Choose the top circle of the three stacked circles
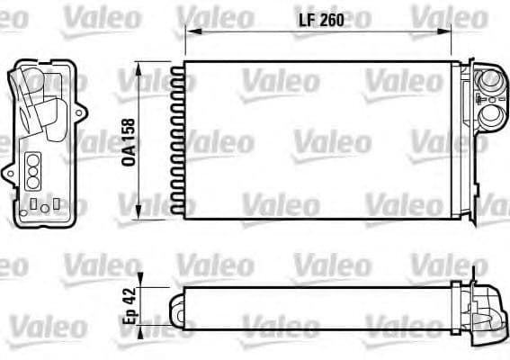pos(33,158)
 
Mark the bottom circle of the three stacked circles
pos(33,182)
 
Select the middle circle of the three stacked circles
pos(33,170)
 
